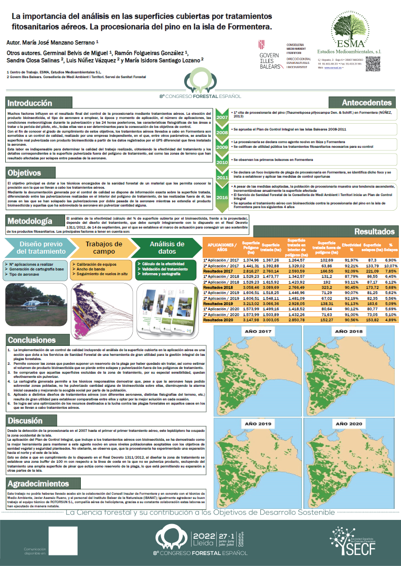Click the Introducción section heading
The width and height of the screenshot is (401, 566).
(x=30, y=103)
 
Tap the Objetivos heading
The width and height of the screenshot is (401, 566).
(x=24, y=172)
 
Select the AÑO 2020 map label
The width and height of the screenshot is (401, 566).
(x=350, y=423)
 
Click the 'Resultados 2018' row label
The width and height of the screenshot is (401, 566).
(x=219, y=288)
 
